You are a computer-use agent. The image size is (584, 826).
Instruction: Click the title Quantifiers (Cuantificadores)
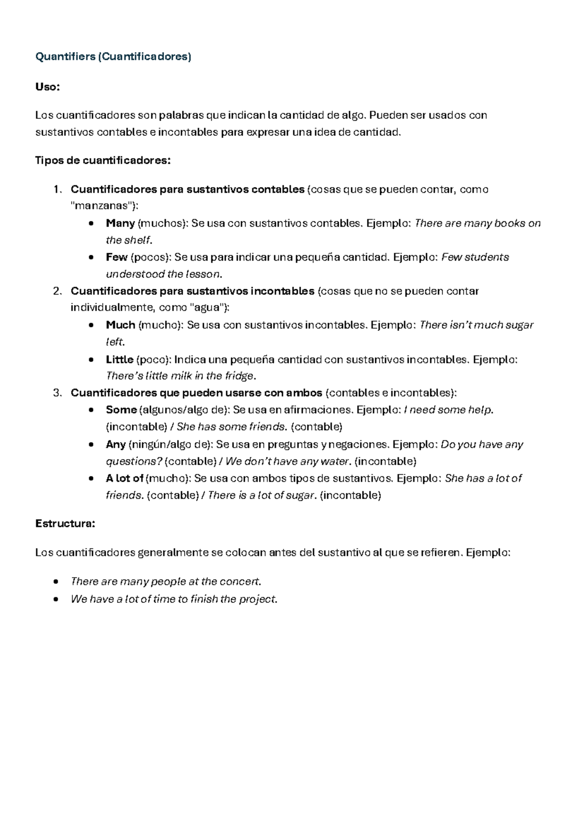coord(113,56)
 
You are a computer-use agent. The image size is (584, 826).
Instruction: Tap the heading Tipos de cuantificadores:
coord(103,160)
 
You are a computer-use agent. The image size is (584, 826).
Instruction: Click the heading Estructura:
coord(65,524)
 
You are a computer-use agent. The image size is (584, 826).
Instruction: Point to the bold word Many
coord(120,223)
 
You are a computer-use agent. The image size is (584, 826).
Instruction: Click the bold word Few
coord(117,257)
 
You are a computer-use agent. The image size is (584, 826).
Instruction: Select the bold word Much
coord(121,325)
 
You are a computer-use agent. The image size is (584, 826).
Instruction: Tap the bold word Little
coord(120,359)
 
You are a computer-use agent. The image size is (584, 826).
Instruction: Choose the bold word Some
coord(121,410)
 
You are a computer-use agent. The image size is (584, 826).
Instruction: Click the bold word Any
coord(116,444)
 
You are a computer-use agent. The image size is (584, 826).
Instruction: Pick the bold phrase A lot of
coord(125,478)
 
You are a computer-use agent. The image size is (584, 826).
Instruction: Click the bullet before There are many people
coord(57,582)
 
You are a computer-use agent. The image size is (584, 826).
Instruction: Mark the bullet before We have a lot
coord(57,599)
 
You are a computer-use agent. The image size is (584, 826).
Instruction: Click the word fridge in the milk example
coord(239,376)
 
